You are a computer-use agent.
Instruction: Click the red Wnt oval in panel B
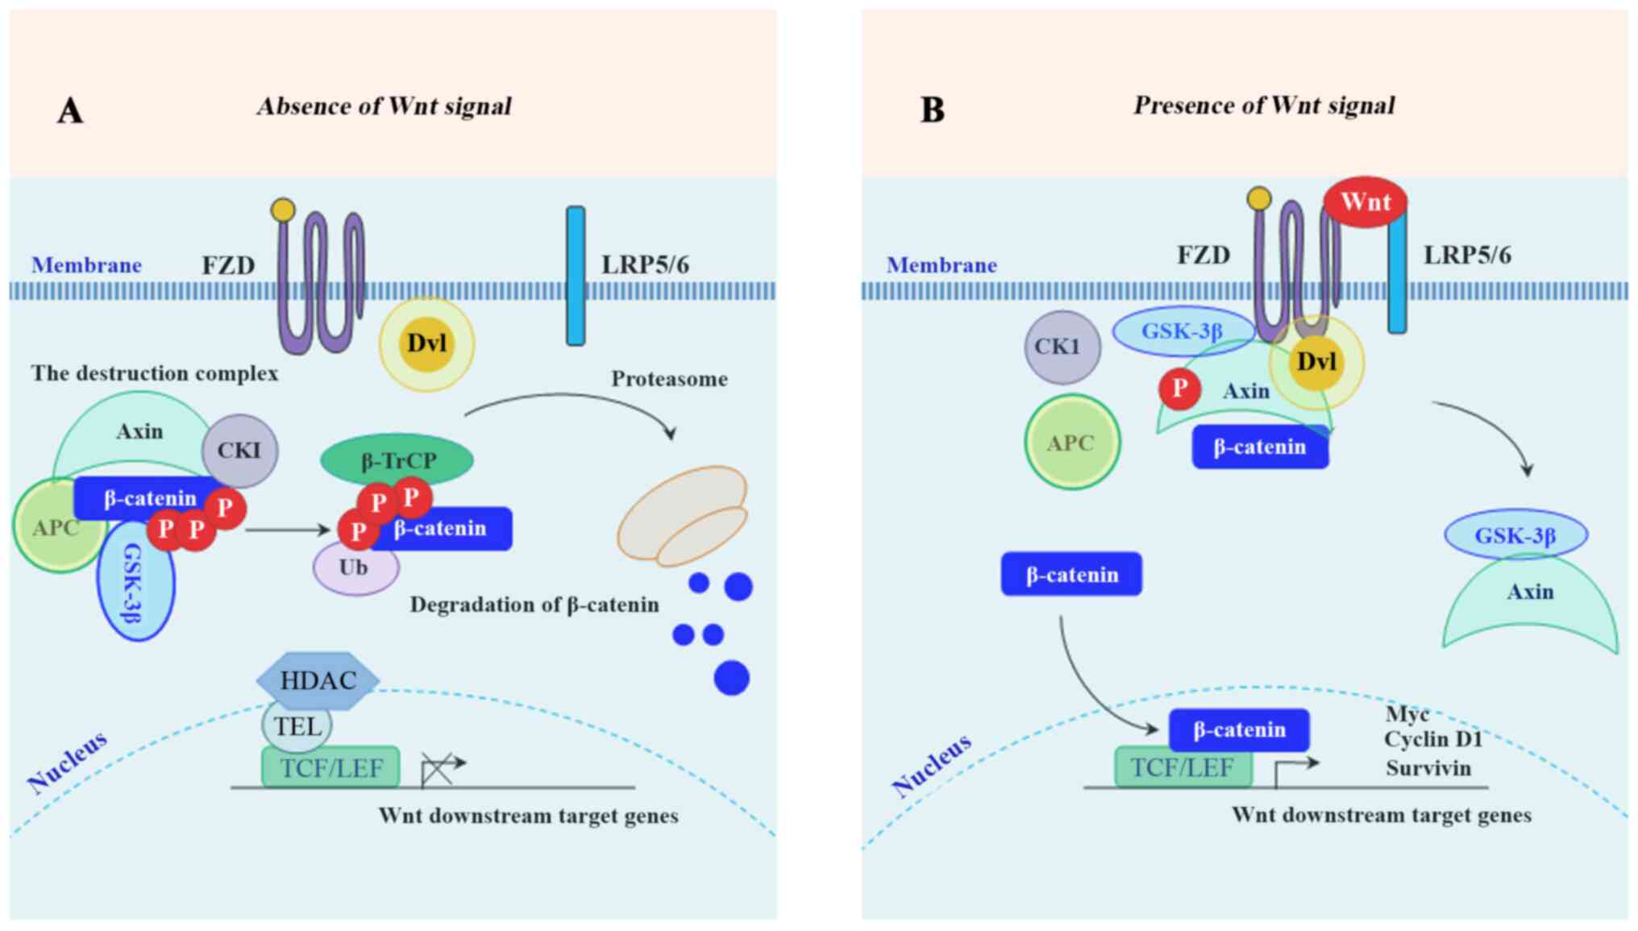(1366, 202)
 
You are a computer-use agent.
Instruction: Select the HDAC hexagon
(318, 680)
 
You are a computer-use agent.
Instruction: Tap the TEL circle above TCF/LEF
(297, 726)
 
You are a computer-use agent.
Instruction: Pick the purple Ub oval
(355, 568)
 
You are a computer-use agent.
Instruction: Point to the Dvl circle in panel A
(426, 343)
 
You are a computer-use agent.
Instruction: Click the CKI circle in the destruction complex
(239, 450)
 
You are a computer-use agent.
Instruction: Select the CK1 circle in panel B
(1062, 347)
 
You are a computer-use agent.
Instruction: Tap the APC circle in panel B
(1071, 442)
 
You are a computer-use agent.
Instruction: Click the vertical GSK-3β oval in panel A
(135, 582)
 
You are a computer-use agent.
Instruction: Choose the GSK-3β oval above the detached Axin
(1515, 535)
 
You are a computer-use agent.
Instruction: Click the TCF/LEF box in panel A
(331, 767)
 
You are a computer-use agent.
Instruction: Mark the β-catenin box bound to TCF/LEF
(1239, 729)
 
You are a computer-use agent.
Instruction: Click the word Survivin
(1428, 768)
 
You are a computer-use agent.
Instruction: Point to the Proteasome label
(669, 379)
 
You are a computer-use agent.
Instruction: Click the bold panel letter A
(70, 110)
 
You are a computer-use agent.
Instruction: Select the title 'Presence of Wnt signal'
(1264, 106)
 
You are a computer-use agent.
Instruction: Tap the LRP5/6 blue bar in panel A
(576, 276)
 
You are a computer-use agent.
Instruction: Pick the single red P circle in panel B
(1179, 389)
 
